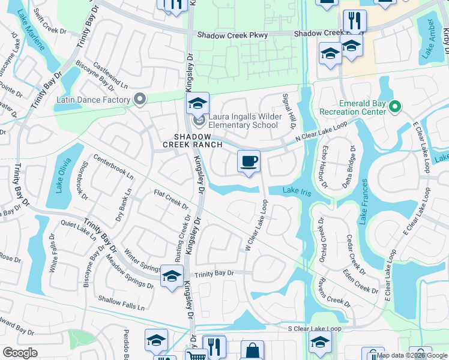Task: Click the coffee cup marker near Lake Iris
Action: point(249,161)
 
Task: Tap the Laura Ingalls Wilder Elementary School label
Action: point(243,121)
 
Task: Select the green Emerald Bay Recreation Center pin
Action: point(394,107)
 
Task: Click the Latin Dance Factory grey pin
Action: point(140,99)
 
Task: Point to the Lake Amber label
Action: point(429,38)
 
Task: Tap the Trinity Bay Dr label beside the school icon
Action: point(214,273)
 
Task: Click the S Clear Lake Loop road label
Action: point(315,329)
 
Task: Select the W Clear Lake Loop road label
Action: point(256,226)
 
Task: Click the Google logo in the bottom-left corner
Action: point(20,353)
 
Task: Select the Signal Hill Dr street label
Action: point(289,112)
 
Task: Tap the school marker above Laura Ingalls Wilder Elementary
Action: point(197,103)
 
